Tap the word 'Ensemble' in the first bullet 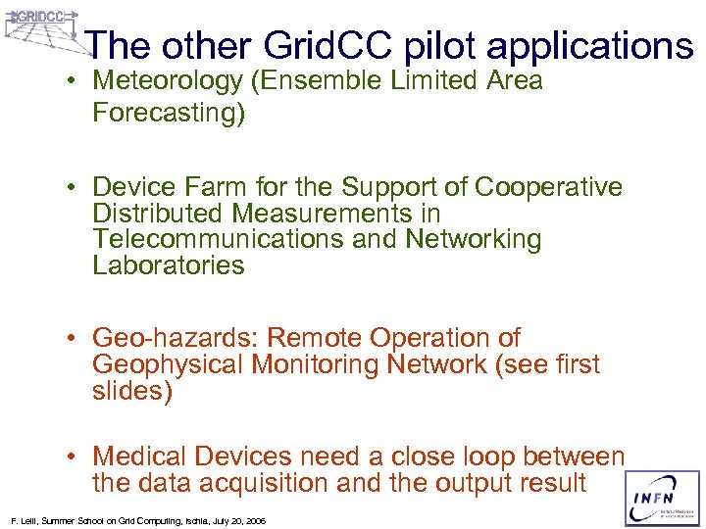[x=323, y=81]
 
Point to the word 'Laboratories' [x=168, y=265]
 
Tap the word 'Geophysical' [x=168, y=365]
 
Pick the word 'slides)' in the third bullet [x=132, y=392]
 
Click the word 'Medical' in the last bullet [x=140, y=457]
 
